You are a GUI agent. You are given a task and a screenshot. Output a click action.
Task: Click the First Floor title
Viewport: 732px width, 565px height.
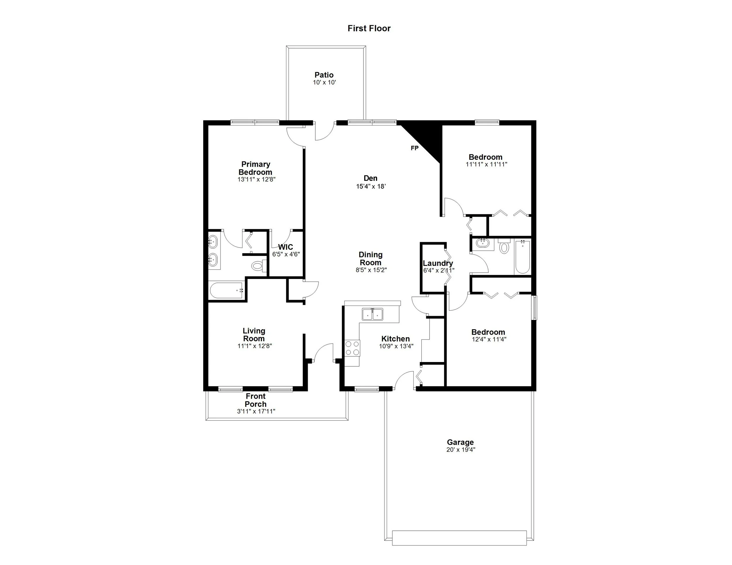click(369, 28)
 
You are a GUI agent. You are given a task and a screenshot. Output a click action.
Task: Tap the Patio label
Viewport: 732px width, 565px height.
click(324, 75)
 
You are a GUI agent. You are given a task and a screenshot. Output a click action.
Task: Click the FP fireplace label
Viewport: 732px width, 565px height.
click(414, 148)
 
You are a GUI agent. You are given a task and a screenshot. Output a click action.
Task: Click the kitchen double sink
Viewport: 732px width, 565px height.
click(373, 315)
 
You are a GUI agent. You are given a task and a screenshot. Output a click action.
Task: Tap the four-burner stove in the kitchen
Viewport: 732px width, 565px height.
click(352, 348)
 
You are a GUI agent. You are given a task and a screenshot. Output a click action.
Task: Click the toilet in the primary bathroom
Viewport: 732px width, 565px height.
click(257, 266)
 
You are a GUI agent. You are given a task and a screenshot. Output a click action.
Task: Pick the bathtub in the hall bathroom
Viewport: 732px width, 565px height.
click(522, 257)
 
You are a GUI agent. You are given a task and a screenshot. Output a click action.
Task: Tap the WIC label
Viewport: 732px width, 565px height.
click(285, 247)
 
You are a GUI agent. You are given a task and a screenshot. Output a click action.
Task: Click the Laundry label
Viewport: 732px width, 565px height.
click(437, 263)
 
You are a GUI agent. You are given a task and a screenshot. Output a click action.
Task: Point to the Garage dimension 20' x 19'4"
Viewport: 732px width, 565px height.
click(461, 449)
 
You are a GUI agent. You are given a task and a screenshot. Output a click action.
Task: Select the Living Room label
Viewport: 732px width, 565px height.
click(254, 334)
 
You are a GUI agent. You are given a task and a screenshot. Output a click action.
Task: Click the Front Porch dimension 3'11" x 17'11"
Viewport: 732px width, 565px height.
click(256, 411)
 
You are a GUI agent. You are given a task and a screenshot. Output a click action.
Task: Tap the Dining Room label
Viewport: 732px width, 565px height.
click(370, 259)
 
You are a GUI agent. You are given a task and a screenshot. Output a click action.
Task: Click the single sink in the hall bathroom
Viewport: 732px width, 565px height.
click(483, 242)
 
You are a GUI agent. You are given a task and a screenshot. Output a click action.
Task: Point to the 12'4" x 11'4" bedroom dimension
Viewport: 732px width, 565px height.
click(488, 339)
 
